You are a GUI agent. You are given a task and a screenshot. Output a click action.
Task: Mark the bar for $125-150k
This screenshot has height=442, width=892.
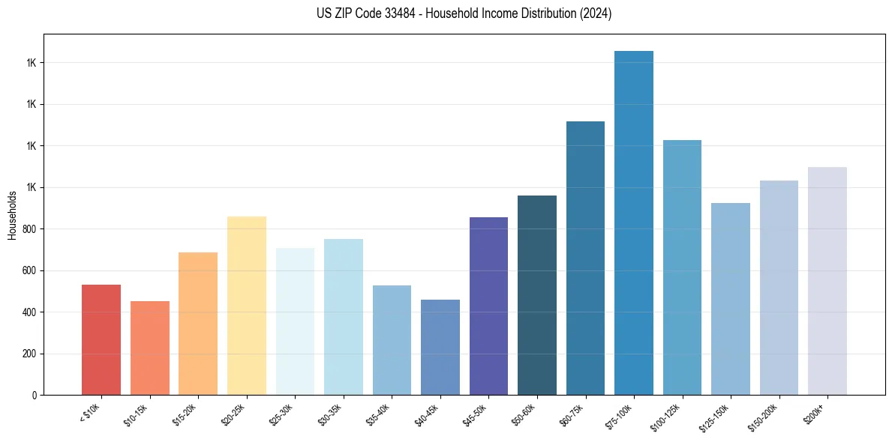(731, 299)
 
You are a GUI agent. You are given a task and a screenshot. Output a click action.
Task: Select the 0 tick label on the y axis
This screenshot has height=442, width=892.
(34, 396)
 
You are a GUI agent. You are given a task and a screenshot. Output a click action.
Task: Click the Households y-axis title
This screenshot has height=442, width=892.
(13, 214)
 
